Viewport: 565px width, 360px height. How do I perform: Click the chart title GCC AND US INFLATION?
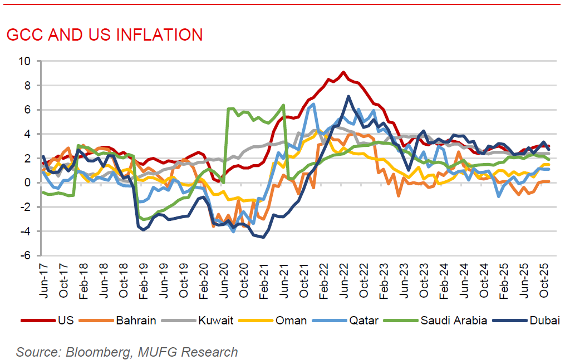point(105,34)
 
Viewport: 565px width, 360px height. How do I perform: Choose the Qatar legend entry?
point(365,320)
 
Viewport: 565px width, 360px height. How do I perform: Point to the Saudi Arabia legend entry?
point(454,320)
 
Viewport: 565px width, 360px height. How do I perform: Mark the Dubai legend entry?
point(541,320)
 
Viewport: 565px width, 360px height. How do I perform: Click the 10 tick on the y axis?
point(26,61)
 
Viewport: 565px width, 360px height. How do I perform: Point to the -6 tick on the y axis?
point(26,256)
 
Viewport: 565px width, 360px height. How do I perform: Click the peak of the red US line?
point(343,72)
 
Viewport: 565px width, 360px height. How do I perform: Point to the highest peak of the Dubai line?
point(348,96)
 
